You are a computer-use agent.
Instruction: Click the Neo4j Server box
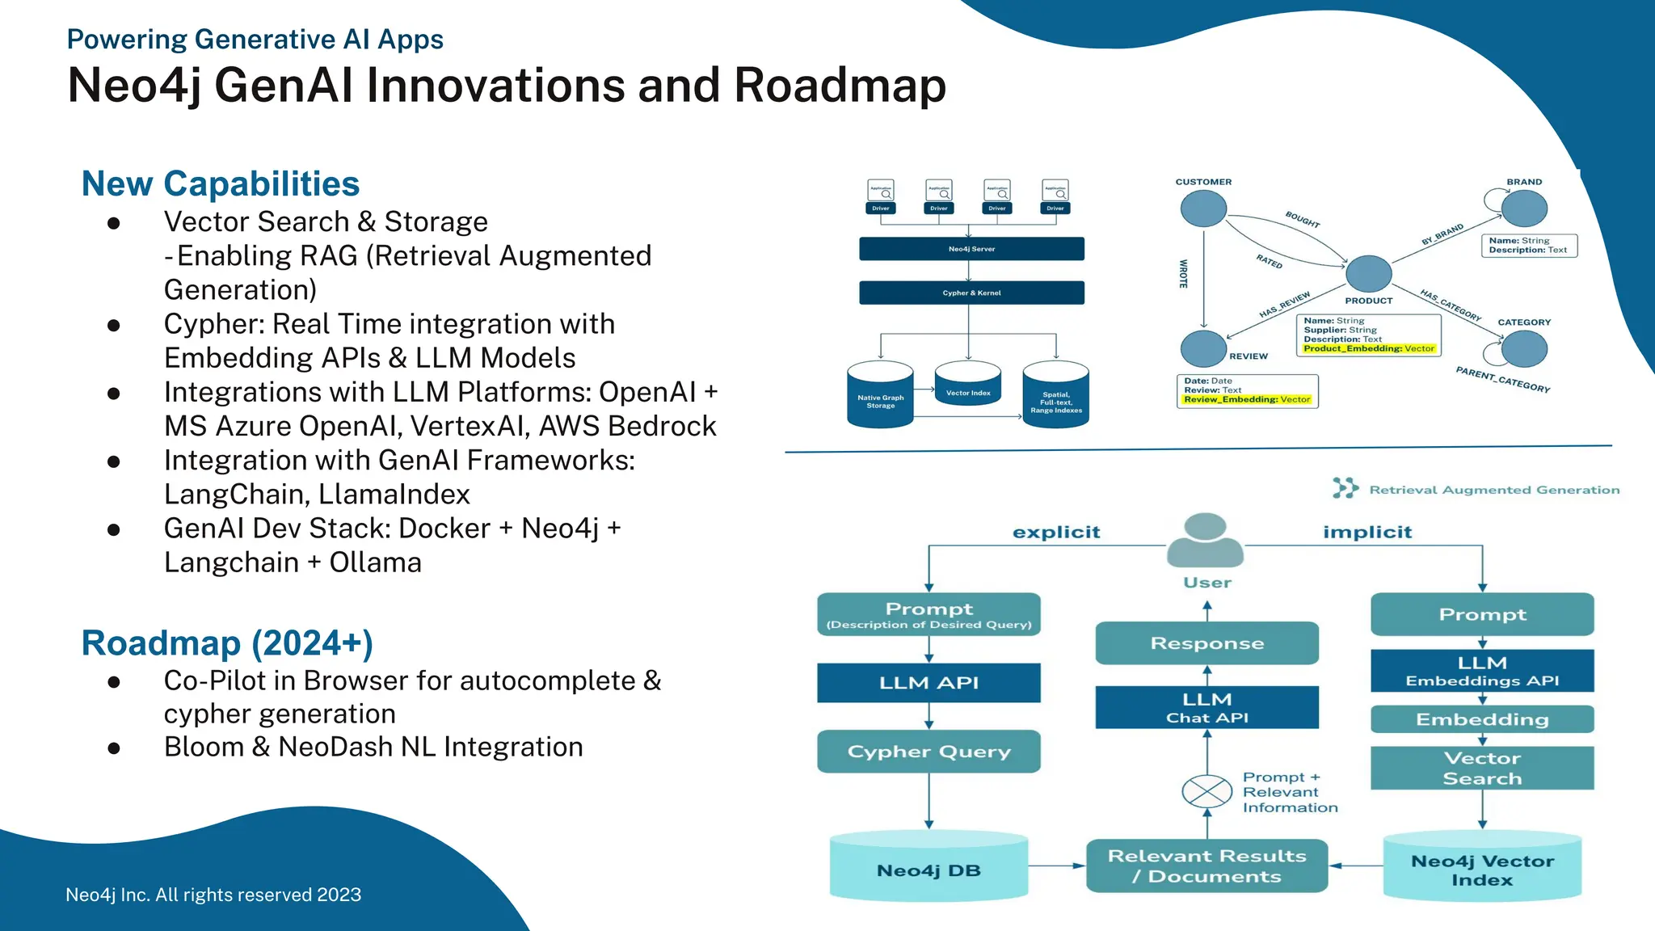[x=971, y=249]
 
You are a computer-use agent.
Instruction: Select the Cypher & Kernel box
[x=971, y=293]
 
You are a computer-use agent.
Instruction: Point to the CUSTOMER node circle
[x=1203, y=209]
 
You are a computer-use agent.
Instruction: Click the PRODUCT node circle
[x=1368, y=273]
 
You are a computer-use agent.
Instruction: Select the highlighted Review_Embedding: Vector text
[x=1247, y=399]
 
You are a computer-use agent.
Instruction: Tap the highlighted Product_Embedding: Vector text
[x=1369, y=349]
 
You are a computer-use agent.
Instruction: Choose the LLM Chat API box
[x=1207, y=708]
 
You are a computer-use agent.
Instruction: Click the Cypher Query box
[x=929, y=752]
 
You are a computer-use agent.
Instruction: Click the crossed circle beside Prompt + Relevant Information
[x=1207, y=791]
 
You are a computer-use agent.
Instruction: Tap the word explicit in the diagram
[x=1056, y=533]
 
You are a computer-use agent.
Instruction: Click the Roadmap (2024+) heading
[x=227, y=643]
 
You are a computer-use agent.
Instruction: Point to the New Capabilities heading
[x=221, y=184]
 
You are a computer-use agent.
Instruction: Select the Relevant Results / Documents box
[x=1207, y=866]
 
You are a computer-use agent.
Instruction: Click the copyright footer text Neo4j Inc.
[x=213, y=895]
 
